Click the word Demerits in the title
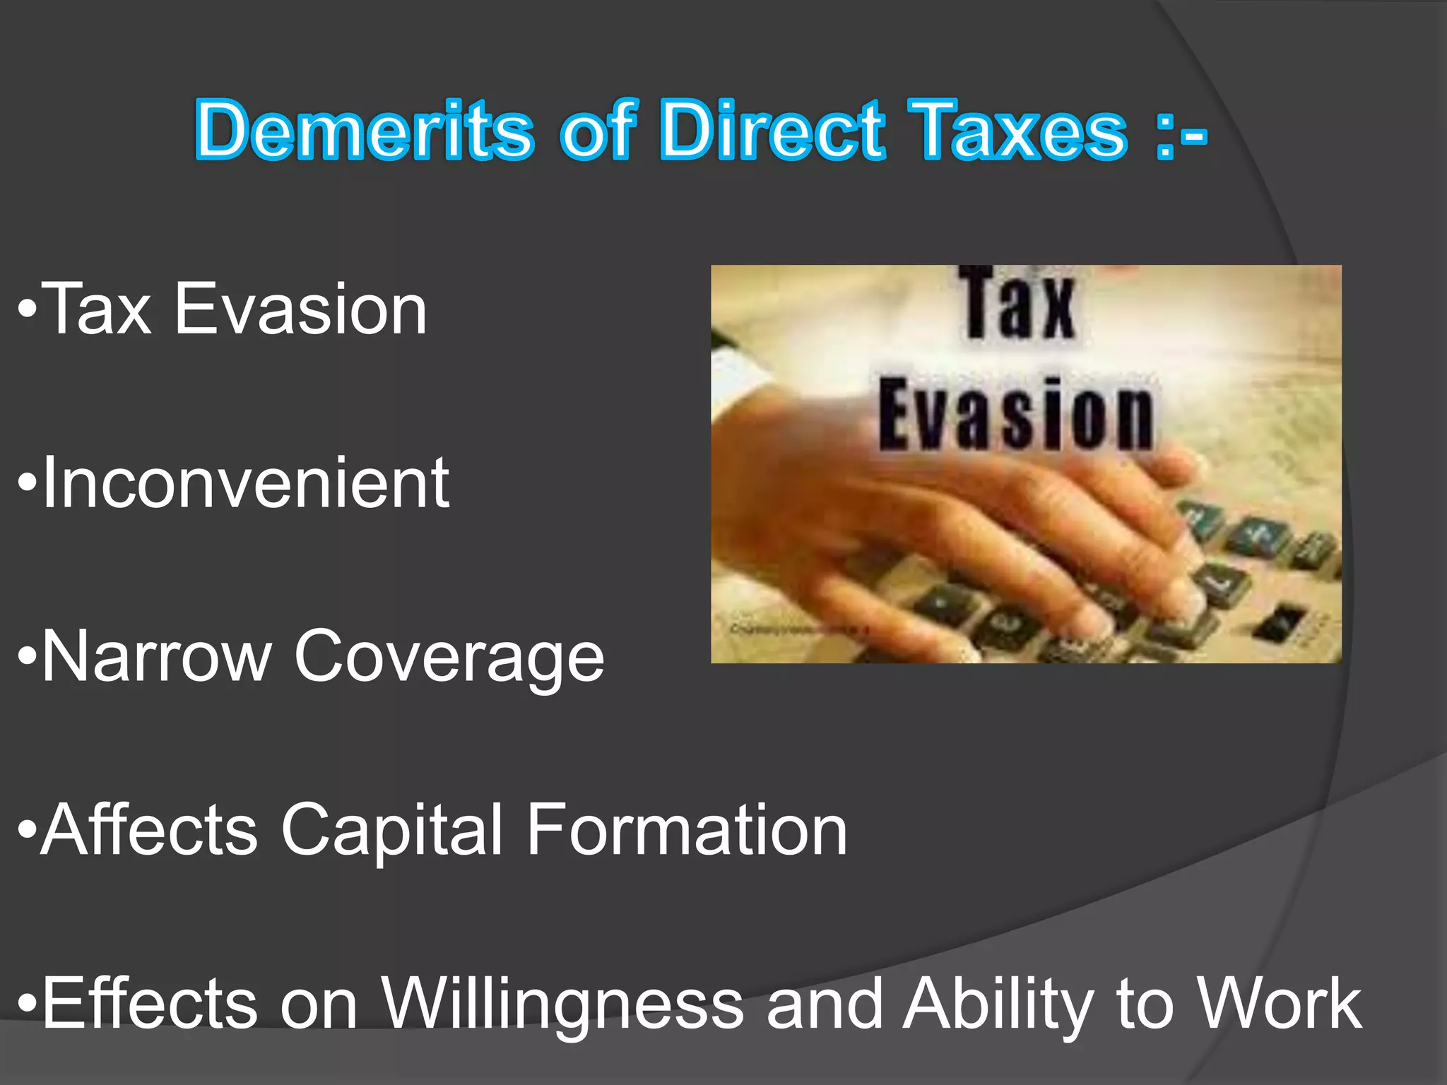[x=364, y=131]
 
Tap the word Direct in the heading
[x=772, y=131]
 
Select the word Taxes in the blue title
[x=1017, y=131]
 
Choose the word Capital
[x=392, y=831]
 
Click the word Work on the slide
[x=1280, y=1003]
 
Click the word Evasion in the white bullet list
[x=300, y=309]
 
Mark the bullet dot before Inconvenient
[x=27, y=485]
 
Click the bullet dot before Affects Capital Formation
[x=27, y=831]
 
